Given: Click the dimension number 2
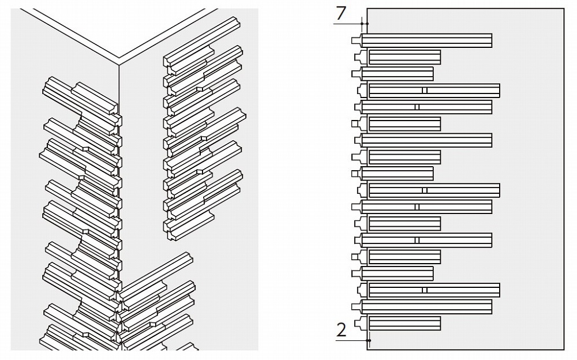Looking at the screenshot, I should pyautogui.click(x=342, y=329).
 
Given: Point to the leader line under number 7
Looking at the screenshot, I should pyautogui.click(x=350, y=24).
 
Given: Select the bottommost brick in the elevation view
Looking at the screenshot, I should pyautogui.click(x=404, y=323).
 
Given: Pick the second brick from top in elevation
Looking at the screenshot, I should pyautogui.click(x=404, y=57).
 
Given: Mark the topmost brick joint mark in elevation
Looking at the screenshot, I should pyautogui.click(x=424, y=91).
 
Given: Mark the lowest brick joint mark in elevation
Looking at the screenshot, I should pyautogui.click(x=424, y=290).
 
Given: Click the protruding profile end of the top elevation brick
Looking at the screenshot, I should pyautogui.click(x=356, y=40).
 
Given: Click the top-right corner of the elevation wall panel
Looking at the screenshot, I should pyautogui.click(x=563, y=8).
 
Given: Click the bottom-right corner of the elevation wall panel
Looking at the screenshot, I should pyautogui.click(x=563, y=349).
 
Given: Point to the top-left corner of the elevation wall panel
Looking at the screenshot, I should pyautogui.click(x=367, y=8).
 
